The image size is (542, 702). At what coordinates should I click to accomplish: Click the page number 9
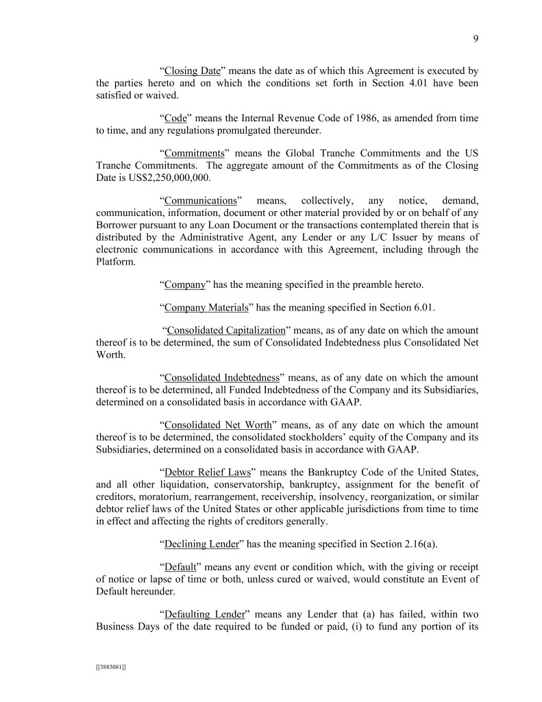(x=475, y=39)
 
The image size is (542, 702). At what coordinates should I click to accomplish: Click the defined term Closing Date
(x=192, y=71)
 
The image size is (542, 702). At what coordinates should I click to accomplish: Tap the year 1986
(x=343, y=119)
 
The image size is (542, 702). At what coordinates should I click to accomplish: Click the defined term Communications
(x=200, y=201)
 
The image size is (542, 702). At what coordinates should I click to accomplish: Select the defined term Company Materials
(x=206, y=308)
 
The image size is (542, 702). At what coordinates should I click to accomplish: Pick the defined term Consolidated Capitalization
(x=227, y=330)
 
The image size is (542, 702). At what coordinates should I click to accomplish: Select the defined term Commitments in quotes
(x=195, y=154)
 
